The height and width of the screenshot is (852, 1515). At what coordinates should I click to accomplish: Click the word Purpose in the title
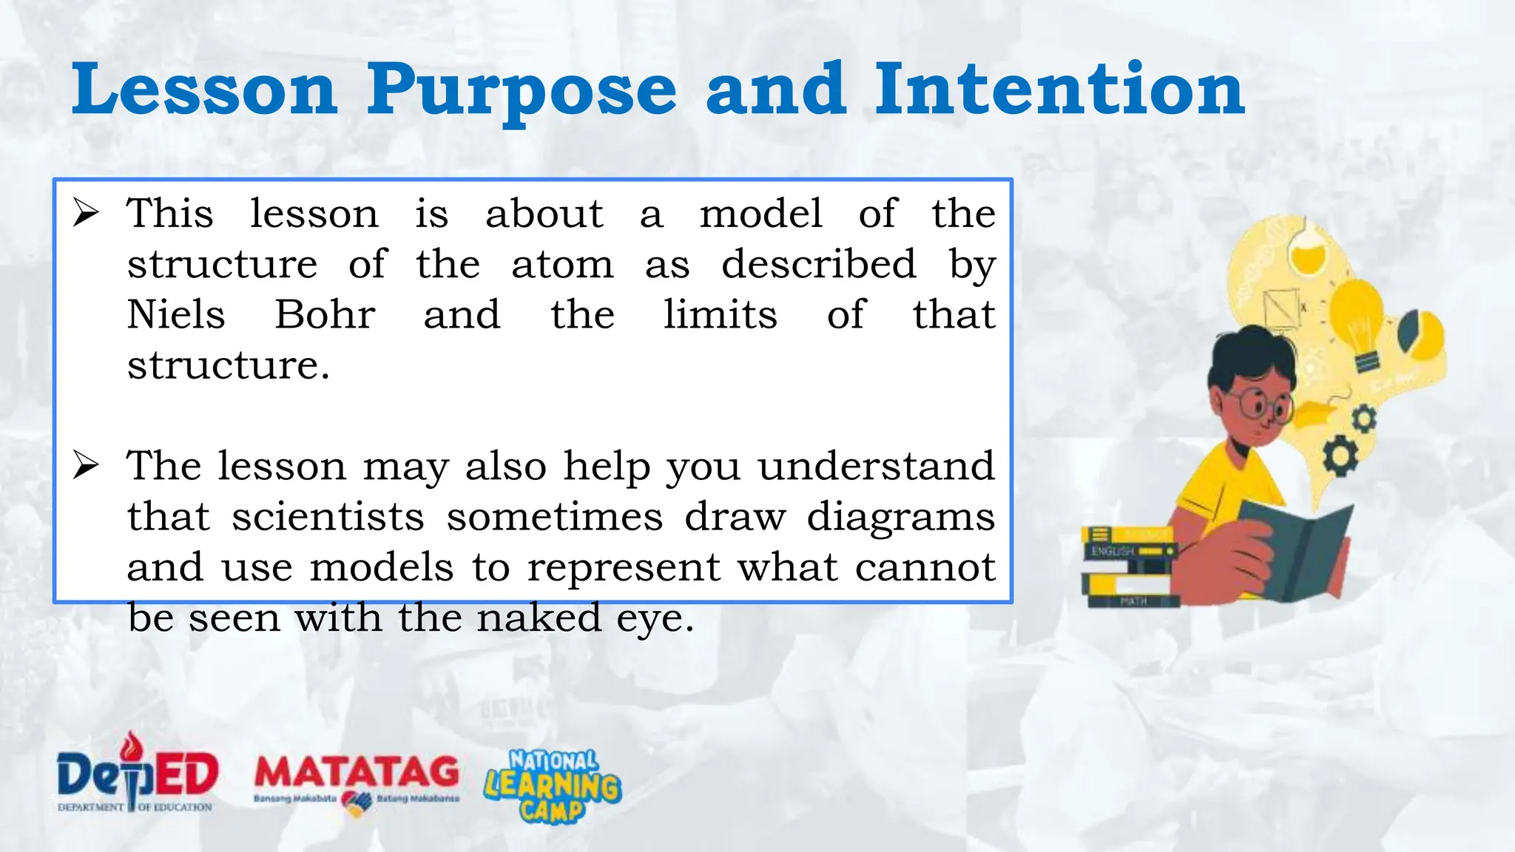click(x=522, y=92)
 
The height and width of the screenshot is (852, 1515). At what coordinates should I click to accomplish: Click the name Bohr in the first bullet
click(x=325, y=314)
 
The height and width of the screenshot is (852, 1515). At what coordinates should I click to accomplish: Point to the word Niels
click(x=176, y=314)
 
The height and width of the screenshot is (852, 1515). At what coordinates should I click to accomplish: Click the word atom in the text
click(x=562, y=264)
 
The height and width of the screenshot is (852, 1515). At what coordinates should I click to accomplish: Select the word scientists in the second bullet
click(x=328, y=516)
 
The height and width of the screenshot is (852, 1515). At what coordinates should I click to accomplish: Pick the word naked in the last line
click(x=539, y=617)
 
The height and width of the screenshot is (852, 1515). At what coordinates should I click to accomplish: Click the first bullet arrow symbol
click(x=86, y=214)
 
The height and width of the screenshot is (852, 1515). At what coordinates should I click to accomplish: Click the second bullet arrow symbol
click(x=86, y=466)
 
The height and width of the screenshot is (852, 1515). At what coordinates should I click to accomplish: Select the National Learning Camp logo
click(x=553, y=786)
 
